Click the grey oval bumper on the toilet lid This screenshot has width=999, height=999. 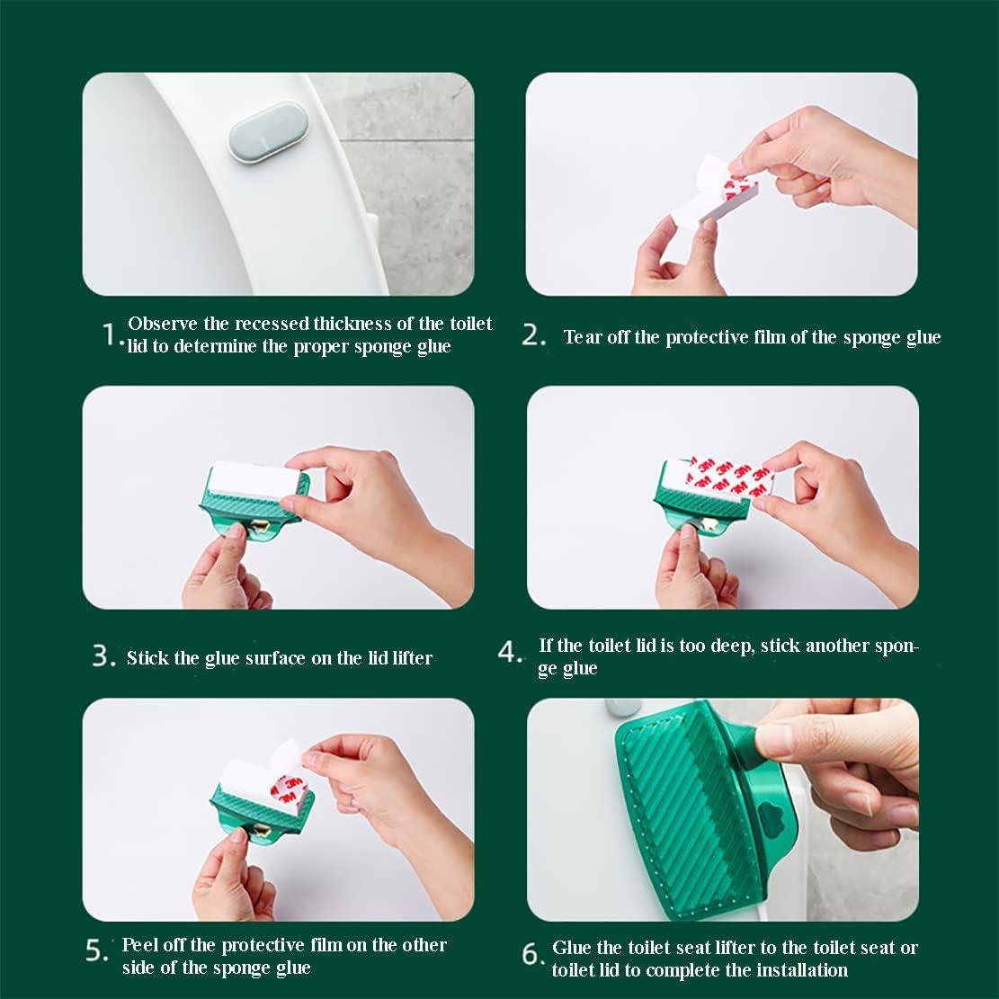(268, 132)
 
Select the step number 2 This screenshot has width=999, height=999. (532, 335)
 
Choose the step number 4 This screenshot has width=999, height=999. (509, 652)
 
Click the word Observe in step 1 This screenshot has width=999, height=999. (163, 324)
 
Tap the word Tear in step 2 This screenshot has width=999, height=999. (583, 336)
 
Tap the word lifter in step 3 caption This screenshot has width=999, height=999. (412, 657)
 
